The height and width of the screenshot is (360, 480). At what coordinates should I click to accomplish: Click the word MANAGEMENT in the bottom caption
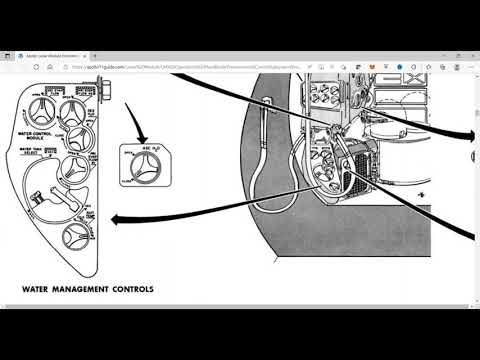(x=87, y=290)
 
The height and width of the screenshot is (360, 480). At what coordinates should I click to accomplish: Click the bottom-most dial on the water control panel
(x=75, y=236)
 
